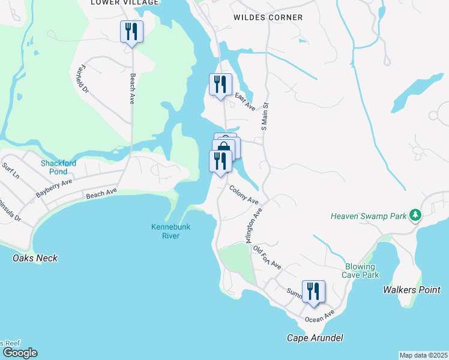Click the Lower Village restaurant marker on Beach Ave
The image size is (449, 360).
click(131, 31)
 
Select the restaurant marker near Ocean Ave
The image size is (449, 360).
click(313, 292)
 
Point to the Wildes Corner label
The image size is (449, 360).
click(268, 17)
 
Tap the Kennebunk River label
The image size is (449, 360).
click(165, 231)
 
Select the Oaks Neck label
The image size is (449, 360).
click(35, 258)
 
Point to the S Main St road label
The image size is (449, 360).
click(264, 116)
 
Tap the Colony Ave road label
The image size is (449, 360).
click(243, 194)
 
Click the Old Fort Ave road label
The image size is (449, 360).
click(267, 256)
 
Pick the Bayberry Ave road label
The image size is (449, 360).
click(53, 188)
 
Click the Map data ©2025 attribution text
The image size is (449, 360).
click(423, 355)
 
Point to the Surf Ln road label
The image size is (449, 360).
click(11, 171)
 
